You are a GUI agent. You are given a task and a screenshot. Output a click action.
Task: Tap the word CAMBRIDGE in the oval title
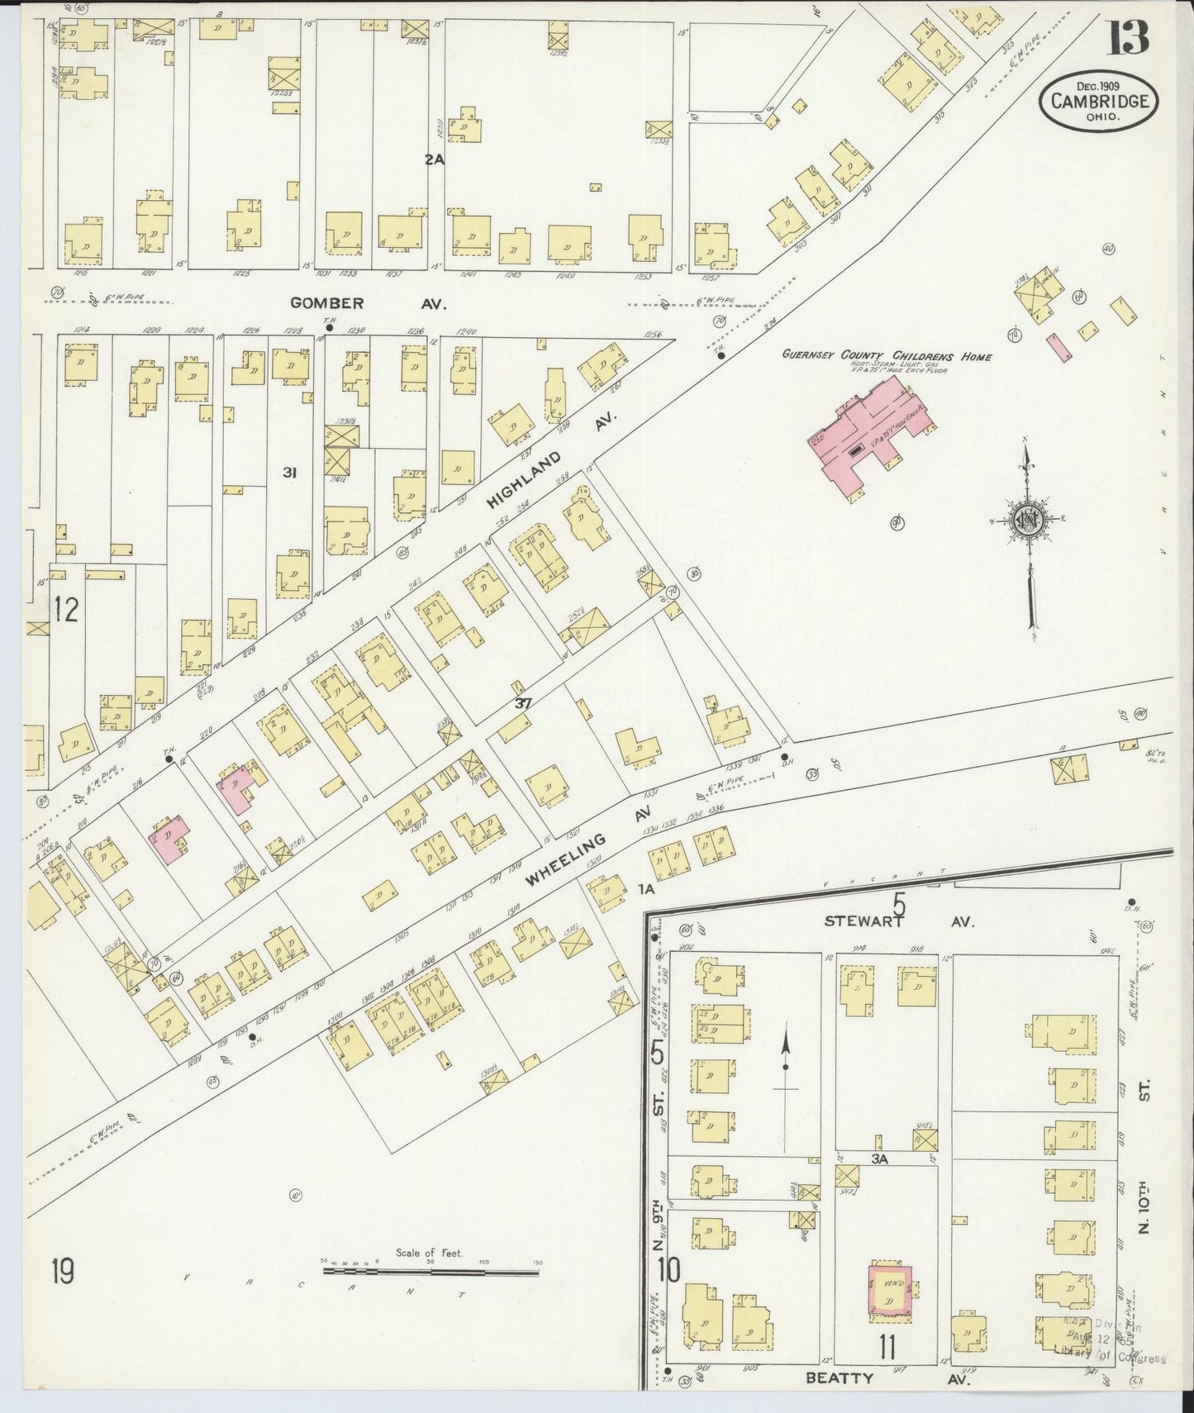(1099, 102)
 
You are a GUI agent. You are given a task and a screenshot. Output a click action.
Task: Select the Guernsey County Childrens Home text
(887, 356)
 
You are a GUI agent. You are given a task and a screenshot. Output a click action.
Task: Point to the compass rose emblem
(1027, 520)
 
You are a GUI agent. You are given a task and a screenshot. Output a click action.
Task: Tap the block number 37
(521, 703)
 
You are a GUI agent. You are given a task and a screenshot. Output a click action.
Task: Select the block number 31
(288, 473)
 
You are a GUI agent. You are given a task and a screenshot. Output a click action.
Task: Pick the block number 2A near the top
(435, 160)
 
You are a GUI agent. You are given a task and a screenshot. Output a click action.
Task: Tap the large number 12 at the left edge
(66, 610)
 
